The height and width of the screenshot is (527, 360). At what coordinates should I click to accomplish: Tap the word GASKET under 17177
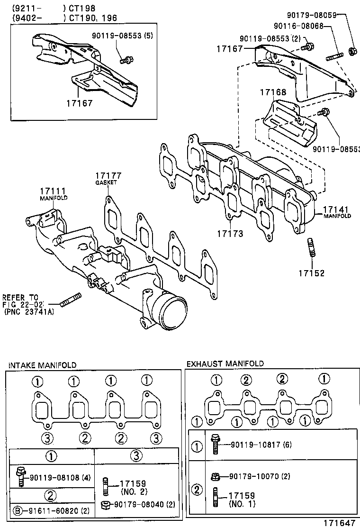[x=106, y=182]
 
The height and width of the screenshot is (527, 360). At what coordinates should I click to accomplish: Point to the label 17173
[x=230, y=234]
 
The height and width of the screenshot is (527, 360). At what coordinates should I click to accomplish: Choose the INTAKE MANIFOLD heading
[x=42, y=364]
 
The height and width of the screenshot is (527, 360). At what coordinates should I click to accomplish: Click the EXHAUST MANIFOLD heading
[x=225, y=363]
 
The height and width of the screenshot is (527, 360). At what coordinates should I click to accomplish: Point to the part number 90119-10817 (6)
[x=261, y=445]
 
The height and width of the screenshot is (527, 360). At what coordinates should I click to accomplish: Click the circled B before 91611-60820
[x=18, y=511]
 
